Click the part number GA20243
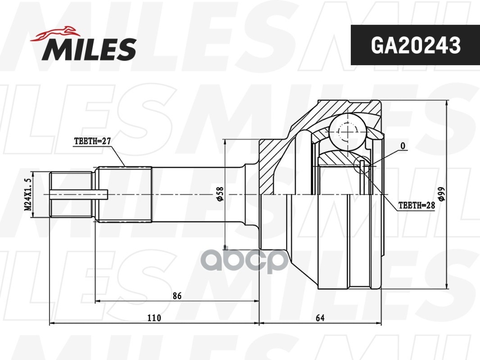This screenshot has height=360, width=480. pos(415,45)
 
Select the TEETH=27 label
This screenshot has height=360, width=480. pos(92,141)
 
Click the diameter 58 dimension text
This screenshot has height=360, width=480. pos(220,194)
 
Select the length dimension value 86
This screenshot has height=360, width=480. pos(177,296)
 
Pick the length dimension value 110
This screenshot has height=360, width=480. pos(154,318)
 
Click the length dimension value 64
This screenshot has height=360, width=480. pos(320,318)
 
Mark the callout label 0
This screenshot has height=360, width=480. pos(403,146)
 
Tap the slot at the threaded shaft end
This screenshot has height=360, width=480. pos(79,194)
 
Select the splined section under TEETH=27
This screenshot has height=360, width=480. pos(124,194)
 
